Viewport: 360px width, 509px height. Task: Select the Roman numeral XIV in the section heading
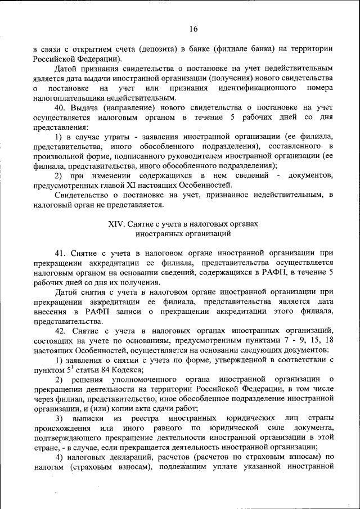pyautogui.click(x=116, y=223)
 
